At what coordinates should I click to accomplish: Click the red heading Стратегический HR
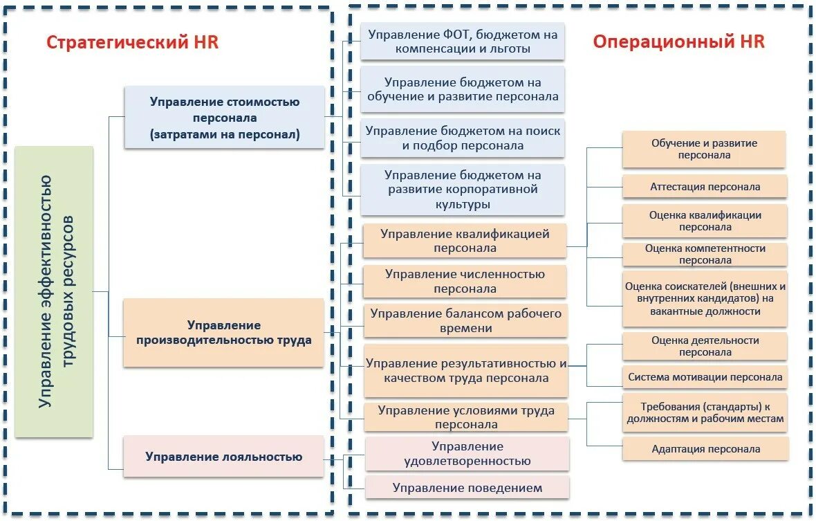pyautogui.click(x=132, y=42)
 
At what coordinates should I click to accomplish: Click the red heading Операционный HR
pyautogui.click(x=678, y=42)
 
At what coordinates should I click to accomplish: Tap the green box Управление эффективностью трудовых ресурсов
pyautogui.click(x=54, y=291)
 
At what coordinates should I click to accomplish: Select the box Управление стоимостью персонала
pyautogui.click(x=224, y=118)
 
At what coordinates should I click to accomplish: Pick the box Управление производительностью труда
pyautogui.click(x=223, y=333)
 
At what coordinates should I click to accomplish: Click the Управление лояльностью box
pyautogui.click(x=223, y=457)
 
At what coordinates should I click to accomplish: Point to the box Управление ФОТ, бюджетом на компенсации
pyautogui.click(x=463, y=42)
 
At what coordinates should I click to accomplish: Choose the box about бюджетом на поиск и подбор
pyautogui.click(x=463, y=138)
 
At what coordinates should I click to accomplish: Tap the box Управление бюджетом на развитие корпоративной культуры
pyautogui.click(x=463, y=190)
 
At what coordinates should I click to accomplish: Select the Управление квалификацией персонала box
pyautogui.click(x=465, y=241)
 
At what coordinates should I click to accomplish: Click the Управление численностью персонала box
pyautogui.click(x=465, y=282)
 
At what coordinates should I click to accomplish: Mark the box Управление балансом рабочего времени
pyautogui.click(x=465, y=321)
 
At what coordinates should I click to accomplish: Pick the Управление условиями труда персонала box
pyautogui.click(x=465, y=417)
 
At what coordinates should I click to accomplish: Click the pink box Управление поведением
pyautogui.click(x=467, y=488)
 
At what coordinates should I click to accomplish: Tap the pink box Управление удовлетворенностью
pyautogui.click(x=467, y=454)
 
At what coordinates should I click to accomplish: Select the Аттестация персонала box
pyautogui.click(x=705, y=187)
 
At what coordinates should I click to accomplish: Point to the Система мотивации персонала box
pyautogui.click(x=705, y=377)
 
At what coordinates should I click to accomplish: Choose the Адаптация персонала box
pyautogui.click(x=705, y=449)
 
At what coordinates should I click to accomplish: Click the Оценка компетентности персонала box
pyautogui.click(x=705, y=255)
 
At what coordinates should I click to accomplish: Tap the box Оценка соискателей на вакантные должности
pyautogui.click(x=705, y=299)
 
